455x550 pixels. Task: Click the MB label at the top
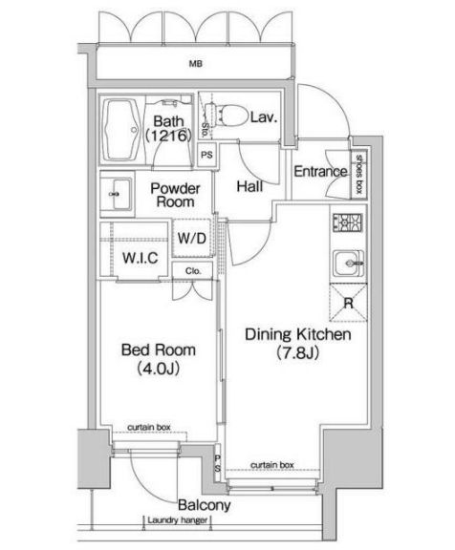(x=194, y=65)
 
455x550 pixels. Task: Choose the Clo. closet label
(x=193, y=270)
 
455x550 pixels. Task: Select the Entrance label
(x=319, y=172)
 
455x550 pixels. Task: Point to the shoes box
(x=358, y=173)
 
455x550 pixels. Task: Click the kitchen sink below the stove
(x=345, y=261)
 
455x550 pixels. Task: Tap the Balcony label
(x=202, y=504)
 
